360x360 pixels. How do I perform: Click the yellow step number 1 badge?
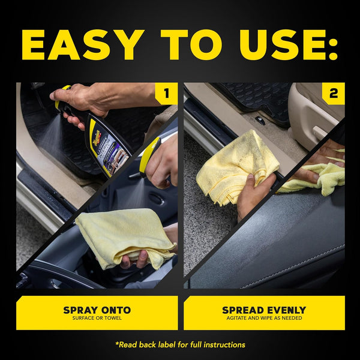click(x=166, y=94)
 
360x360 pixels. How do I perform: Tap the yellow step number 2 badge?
click(x=333, y=94)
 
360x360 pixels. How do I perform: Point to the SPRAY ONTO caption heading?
click(x=97, y=310)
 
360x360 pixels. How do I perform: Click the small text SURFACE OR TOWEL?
click(x=97, y=319)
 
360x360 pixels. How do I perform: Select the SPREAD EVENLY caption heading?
click(x=264, y=310)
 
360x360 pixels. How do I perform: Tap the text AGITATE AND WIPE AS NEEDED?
click(x=264, y=319)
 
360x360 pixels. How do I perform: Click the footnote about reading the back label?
click(x=180, y=344)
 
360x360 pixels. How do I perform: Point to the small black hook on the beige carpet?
click(x=260, y=121)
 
